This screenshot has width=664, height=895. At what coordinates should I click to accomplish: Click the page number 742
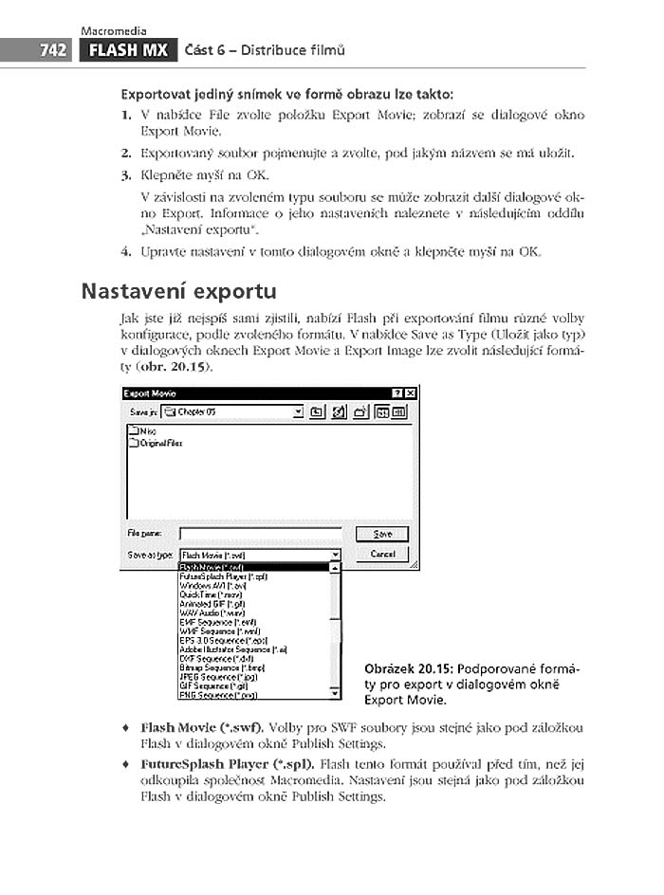pyautogui.click(x=53, y=50)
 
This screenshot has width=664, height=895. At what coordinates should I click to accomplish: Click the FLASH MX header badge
pyautogui.click(x=128, y=50)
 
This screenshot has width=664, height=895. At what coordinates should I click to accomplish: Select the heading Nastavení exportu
pyautogui.click(x=179, y=290)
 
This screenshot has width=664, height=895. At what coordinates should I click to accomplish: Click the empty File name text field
pyautogui.click(x=260, y=535)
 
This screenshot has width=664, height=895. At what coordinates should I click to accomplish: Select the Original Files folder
pyautogui.click(x=159, y=443)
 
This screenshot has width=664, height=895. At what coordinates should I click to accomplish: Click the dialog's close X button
pyautogui.click(x=410, y=393)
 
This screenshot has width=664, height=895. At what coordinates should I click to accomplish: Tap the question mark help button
pyautogui.click(x=397, y=393)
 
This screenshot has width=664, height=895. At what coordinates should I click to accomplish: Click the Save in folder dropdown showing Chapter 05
pyautogui.click(x=232, y=411)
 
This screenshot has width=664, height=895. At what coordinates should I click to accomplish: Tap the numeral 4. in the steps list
pyautogui.click(x=125, y=251)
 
